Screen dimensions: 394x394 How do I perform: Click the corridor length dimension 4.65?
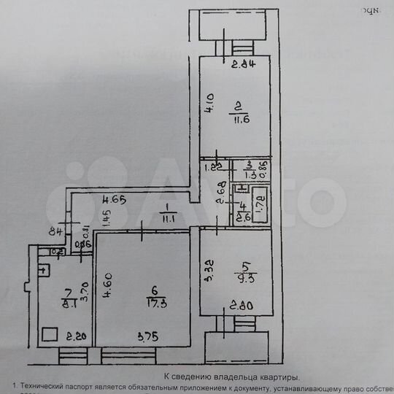(x=114, y=199)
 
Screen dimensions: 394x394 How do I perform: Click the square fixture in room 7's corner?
(x=50, y=335)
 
